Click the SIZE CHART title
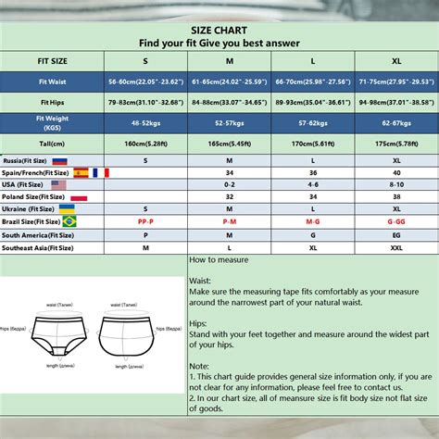coord(219,30)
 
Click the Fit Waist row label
coord(52,81)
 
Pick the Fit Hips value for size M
coord(227,103)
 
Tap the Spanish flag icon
coord(81,172)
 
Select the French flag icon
coord(100,172)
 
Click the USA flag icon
coord(58,184)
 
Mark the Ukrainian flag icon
coord(67,209)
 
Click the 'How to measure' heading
coord(219,260)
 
